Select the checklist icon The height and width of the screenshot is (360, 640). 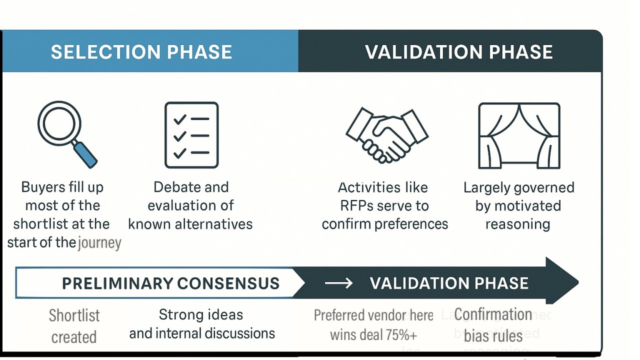pos(191,135)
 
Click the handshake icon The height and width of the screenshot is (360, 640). pos(386,135)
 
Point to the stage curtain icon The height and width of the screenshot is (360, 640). pos(519,135)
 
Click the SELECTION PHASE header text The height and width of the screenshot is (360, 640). pos(141,52)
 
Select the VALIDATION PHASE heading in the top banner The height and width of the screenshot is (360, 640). pos(458,52)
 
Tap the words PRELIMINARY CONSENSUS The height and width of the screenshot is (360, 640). pos(170,283)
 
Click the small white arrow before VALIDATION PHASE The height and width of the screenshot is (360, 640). pos(338,283)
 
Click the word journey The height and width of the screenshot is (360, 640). pos(100,243)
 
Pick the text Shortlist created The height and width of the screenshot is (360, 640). pos(74,326)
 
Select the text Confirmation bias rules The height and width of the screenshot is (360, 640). pos(493,325)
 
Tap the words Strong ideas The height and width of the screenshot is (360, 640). pos(201,314)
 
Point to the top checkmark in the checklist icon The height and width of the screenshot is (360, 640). pos(179,119)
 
